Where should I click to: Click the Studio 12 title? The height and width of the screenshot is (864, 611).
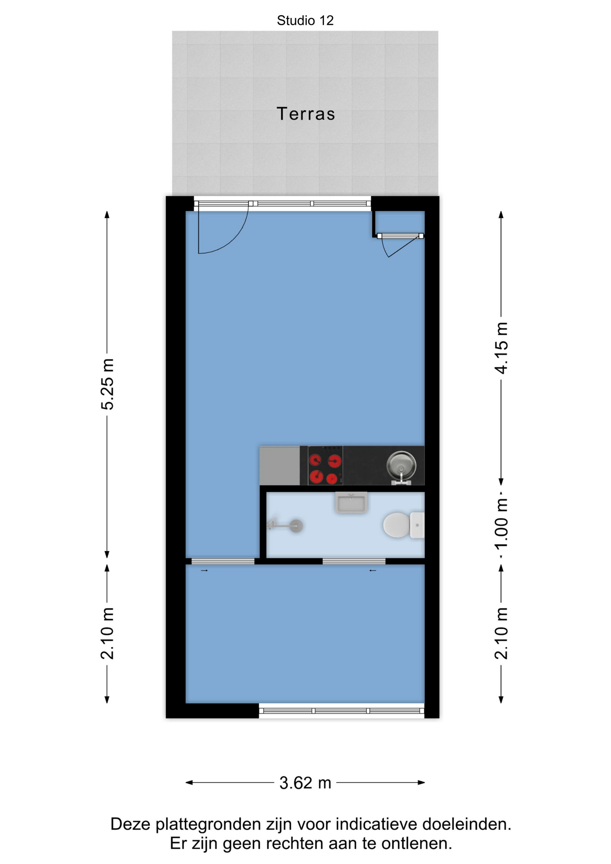click(305, 20)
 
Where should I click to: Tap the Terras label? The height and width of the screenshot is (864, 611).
click(306, 114)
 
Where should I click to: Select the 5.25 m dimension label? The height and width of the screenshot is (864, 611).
click(107, 384)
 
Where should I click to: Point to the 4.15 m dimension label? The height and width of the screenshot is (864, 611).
click(501, 348)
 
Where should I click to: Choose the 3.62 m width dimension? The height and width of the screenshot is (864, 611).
click(305, 783)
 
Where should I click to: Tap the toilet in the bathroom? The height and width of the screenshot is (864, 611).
click(404, 525)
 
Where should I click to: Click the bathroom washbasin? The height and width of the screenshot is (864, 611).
click(351, 502)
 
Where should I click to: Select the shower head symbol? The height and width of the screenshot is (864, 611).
click(285, 525)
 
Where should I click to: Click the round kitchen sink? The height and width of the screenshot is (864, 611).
click(401, 466)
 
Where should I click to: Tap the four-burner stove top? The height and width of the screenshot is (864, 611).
click(325, 465)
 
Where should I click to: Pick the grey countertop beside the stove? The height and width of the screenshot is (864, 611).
click(280, 465)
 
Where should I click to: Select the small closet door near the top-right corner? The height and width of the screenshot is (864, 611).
click(400, 246)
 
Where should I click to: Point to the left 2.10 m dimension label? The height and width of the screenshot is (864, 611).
click(107, 633)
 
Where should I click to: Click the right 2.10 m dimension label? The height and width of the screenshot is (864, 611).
click(501, 633)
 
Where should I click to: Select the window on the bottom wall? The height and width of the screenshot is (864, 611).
click(341, 711)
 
